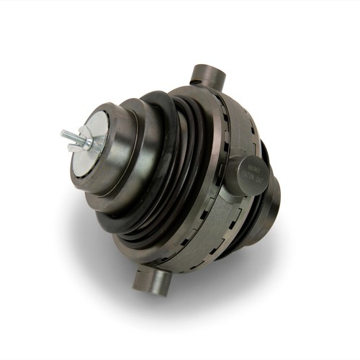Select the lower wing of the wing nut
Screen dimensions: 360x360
pos(73,148)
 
